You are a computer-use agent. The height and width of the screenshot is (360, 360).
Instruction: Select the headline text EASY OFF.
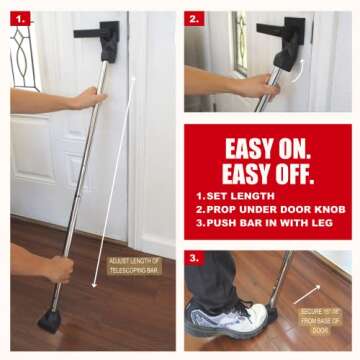point(269,172)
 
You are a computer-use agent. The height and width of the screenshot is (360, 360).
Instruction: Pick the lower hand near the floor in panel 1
point(55,268)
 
